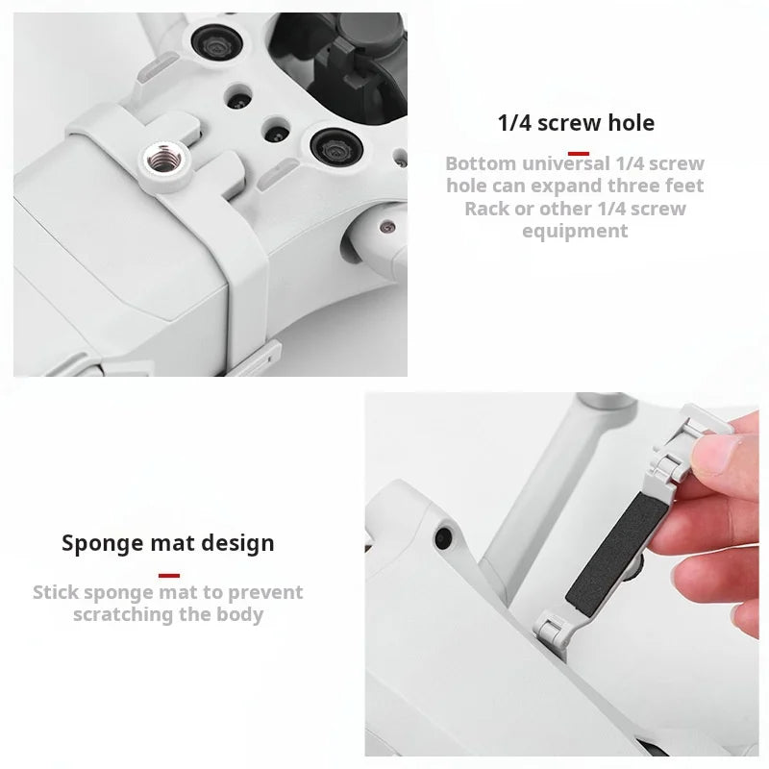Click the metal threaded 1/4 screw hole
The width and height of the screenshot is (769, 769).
(164, 160)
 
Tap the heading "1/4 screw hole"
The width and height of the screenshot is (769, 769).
(576, 123)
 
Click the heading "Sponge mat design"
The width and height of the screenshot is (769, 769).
(167, 543)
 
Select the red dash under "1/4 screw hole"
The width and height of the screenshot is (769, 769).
(579, 154)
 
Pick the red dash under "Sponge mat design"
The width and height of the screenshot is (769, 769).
(169, 575)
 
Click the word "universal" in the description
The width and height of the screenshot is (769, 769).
(565, 163)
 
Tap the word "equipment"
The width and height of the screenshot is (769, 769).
(575, 232)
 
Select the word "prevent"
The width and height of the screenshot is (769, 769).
(265, 593)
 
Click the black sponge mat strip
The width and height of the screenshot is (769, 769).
(617, 554)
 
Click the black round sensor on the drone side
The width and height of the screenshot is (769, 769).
(443, 538)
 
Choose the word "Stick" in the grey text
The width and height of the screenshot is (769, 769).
(56, 592)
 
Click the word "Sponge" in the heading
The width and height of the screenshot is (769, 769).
(103, 544)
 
